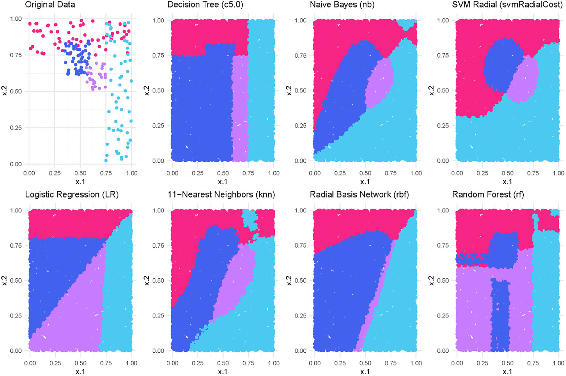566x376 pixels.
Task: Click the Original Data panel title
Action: (x=50, y=5)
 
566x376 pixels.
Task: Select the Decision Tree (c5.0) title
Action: (x=205, y=5)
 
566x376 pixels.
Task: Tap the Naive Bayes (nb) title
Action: (x=342, y=5)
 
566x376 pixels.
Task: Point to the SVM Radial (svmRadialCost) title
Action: (x=507, y=5)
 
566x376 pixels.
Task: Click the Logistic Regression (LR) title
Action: (x=72, y=194)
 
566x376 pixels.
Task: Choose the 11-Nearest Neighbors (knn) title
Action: (x=221, y=194)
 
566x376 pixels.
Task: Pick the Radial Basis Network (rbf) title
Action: (x=359, y=194)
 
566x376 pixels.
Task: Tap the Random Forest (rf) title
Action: (x=488, y=194)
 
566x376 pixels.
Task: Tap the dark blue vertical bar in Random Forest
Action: (x=500, y=315)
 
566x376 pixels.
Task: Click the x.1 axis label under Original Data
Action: (x=80, y=182)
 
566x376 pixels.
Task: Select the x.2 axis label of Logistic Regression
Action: (x=5, y=280)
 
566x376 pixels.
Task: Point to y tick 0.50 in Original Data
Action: (x=16, y=91)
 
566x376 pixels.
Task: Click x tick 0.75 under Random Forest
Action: (x=533, y=363)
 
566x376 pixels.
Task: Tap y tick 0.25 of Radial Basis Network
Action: (x=300, y=316)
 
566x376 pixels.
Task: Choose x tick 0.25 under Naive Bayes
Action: (x=340, y=173)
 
